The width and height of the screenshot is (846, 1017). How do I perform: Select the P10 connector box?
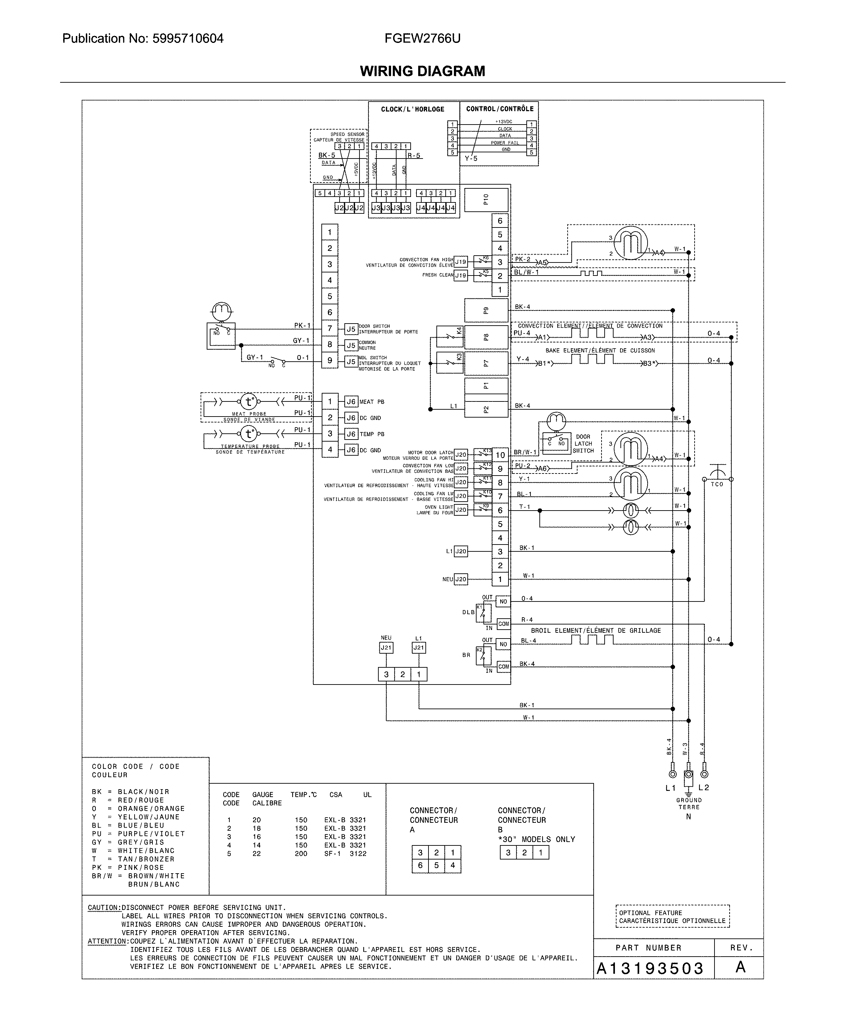pos(486,200)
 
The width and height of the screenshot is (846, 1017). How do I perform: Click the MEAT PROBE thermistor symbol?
pos(249,401)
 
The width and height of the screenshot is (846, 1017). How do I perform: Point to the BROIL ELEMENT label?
pos(595,631)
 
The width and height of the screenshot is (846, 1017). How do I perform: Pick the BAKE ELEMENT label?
pos(600,351)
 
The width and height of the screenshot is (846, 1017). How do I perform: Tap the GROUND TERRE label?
pos(688,804)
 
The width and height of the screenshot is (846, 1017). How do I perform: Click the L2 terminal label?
pos(704,787)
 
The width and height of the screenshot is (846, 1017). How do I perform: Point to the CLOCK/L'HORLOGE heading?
pos(412,109)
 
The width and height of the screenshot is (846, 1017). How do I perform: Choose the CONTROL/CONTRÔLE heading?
pos(500,109)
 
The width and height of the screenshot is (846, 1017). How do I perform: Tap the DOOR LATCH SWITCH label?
pos(583,444)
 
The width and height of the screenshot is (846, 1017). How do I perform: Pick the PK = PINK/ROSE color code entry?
pos(128,867)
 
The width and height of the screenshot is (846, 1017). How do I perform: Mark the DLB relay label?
pos(468,612)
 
